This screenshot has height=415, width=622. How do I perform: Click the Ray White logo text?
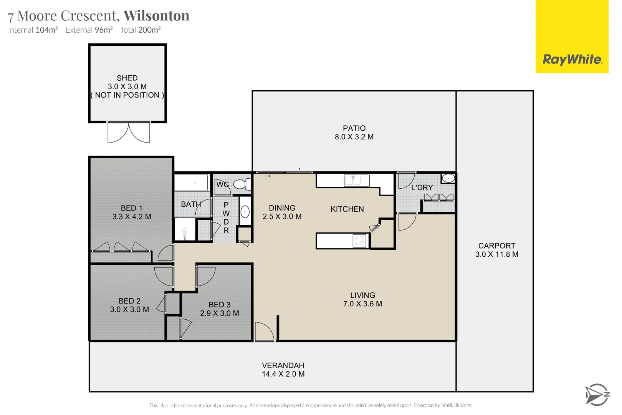coord(572,60)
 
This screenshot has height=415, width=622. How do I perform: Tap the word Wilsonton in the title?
coord(156,16)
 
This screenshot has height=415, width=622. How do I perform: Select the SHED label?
coord(127,78)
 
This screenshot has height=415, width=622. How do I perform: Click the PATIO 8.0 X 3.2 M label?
coord(354,133)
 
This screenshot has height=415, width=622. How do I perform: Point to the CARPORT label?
coord(496,246)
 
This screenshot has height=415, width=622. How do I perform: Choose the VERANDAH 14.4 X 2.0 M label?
coord(283,370)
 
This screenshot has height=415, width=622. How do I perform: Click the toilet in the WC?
coord(242,184)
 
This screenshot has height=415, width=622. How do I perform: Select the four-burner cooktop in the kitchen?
coord(360,241)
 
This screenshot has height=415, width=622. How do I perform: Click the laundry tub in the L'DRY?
coord(448,178)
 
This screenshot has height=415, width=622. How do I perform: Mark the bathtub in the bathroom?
coord(192,183)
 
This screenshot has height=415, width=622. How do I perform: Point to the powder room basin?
coord(245,211)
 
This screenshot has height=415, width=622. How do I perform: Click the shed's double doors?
coord(129,133)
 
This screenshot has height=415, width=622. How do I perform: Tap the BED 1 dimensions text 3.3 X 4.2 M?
coord(132,217)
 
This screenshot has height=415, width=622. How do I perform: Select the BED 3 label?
coord(220,305)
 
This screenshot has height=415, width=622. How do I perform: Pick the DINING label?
coord(282,208)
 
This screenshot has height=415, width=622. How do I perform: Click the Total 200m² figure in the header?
coord(140,30)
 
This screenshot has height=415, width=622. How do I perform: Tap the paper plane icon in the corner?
coord(597,395)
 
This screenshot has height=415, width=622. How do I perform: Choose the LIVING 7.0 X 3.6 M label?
coord(362,300)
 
